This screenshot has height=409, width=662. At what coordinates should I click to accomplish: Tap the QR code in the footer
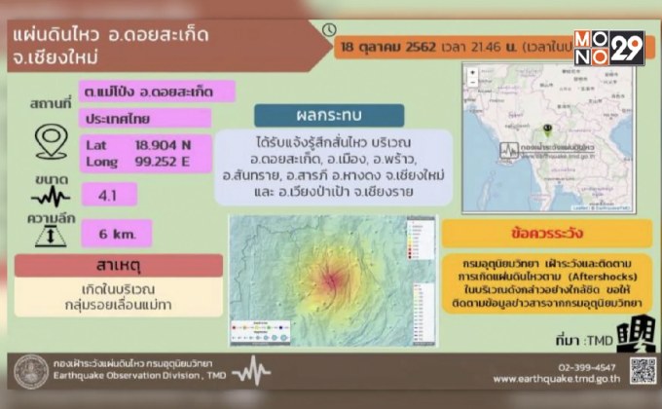(642, 370)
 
